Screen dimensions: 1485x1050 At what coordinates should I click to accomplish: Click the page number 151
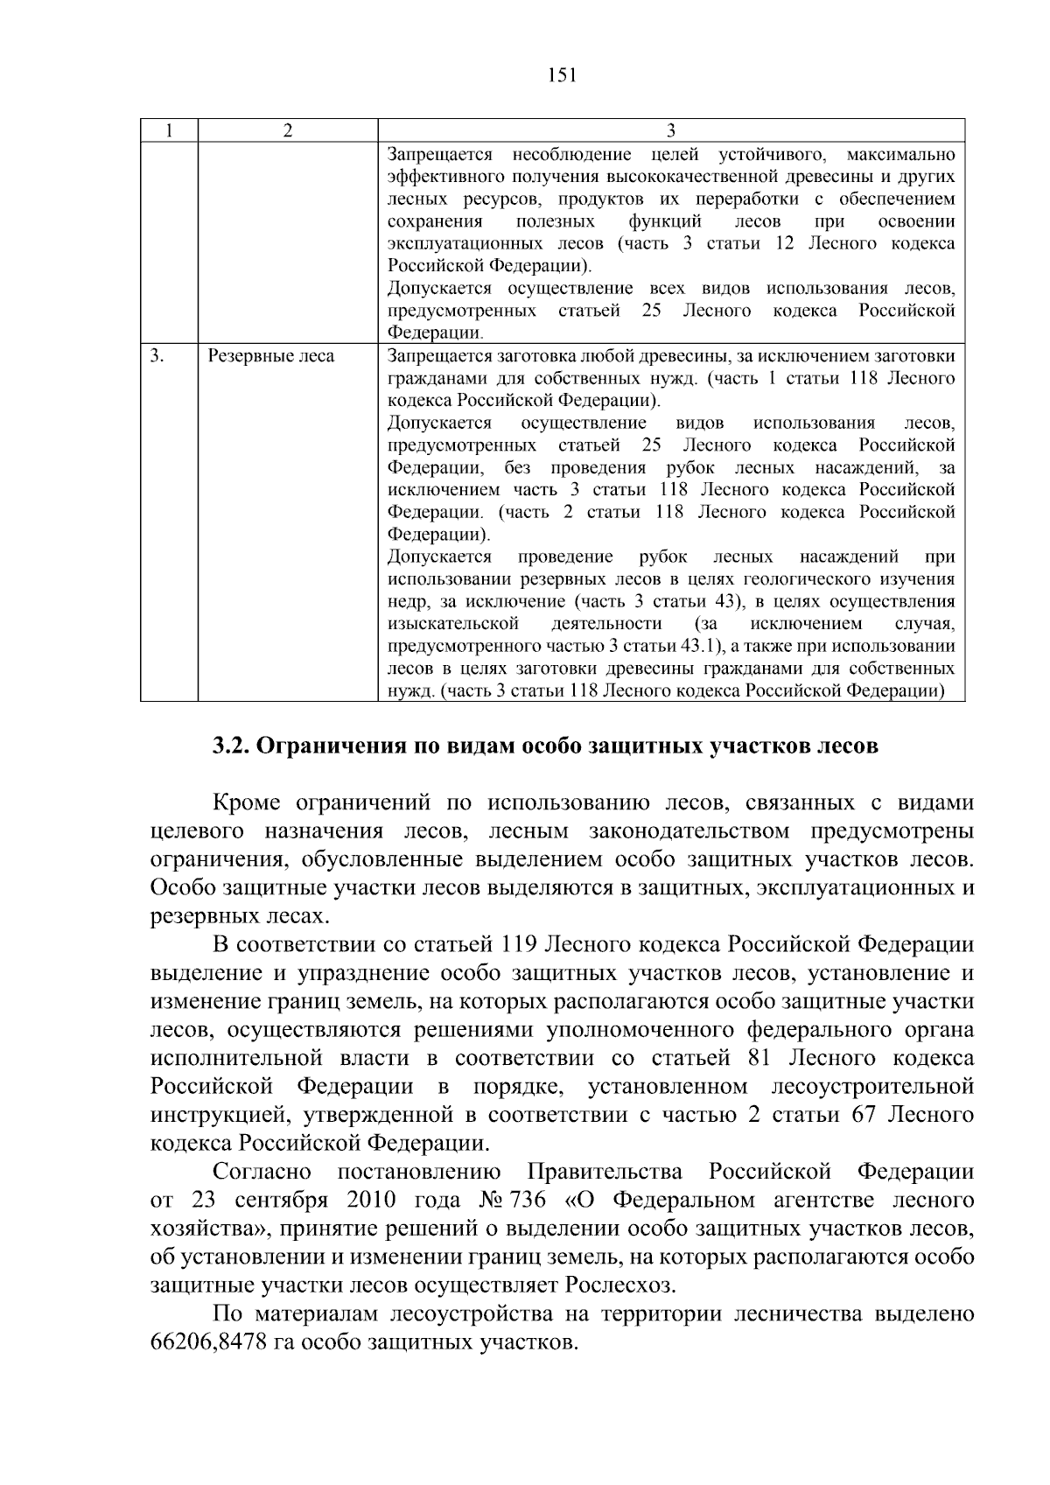(561, 75)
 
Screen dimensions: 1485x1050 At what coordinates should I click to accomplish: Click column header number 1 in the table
(169, 130)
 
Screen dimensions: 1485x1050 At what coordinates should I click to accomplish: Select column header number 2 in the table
(287, 130)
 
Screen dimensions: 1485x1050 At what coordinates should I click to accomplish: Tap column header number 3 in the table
(670, 130)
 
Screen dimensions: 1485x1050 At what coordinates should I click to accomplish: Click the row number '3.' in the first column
(157, 356)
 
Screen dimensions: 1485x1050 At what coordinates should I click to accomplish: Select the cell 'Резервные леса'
(270, 356)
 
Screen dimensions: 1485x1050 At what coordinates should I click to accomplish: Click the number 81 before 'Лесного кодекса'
(759, 1058)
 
